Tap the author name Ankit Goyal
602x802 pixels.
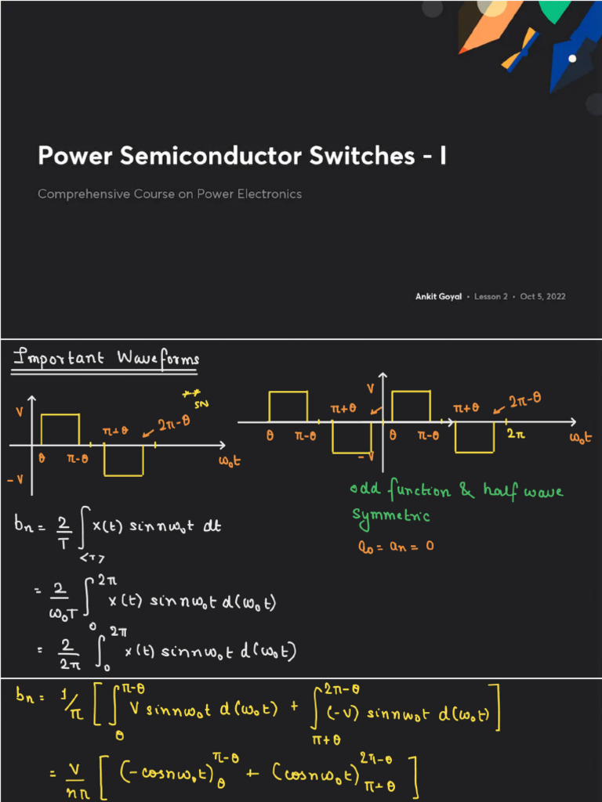[438, 296]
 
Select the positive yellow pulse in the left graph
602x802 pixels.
[60, 429]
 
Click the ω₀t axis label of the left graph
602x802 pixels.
[228, 461]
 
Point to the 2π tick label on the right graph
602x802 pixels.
[515, 433]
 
